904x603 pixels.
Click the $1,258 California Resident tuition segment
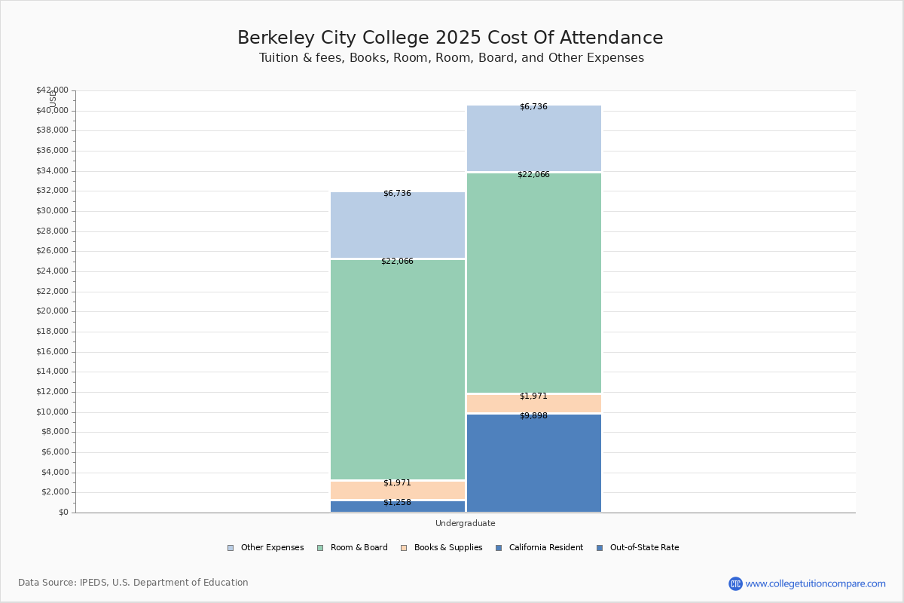[398, 507]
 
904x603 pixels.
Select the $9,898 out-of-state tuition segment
[533, 463]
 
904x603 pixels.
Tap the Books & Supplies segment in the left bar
[398, 490]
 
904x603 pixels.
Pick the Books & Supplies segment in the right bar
[533, 403]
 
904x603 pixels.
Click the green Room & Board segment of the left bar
[398, 369]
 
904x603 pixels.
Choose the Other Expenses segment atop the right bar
[533, 139]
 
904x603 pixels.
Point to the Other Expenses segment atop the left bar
[398, 225]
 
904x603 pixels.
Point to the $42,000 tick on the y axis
[52, 90]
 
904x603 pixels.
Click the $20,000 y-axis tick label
[52, 311]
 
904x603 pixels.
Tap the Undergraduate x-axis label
[466, 523]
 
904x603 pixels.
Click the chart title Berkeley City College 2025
[450, 38]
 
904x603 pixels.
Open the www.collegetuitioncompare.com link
[815, 583]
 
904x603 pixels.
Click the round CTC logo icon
[735, 583]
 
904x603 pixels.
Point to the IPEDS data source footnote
[133, 583]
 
